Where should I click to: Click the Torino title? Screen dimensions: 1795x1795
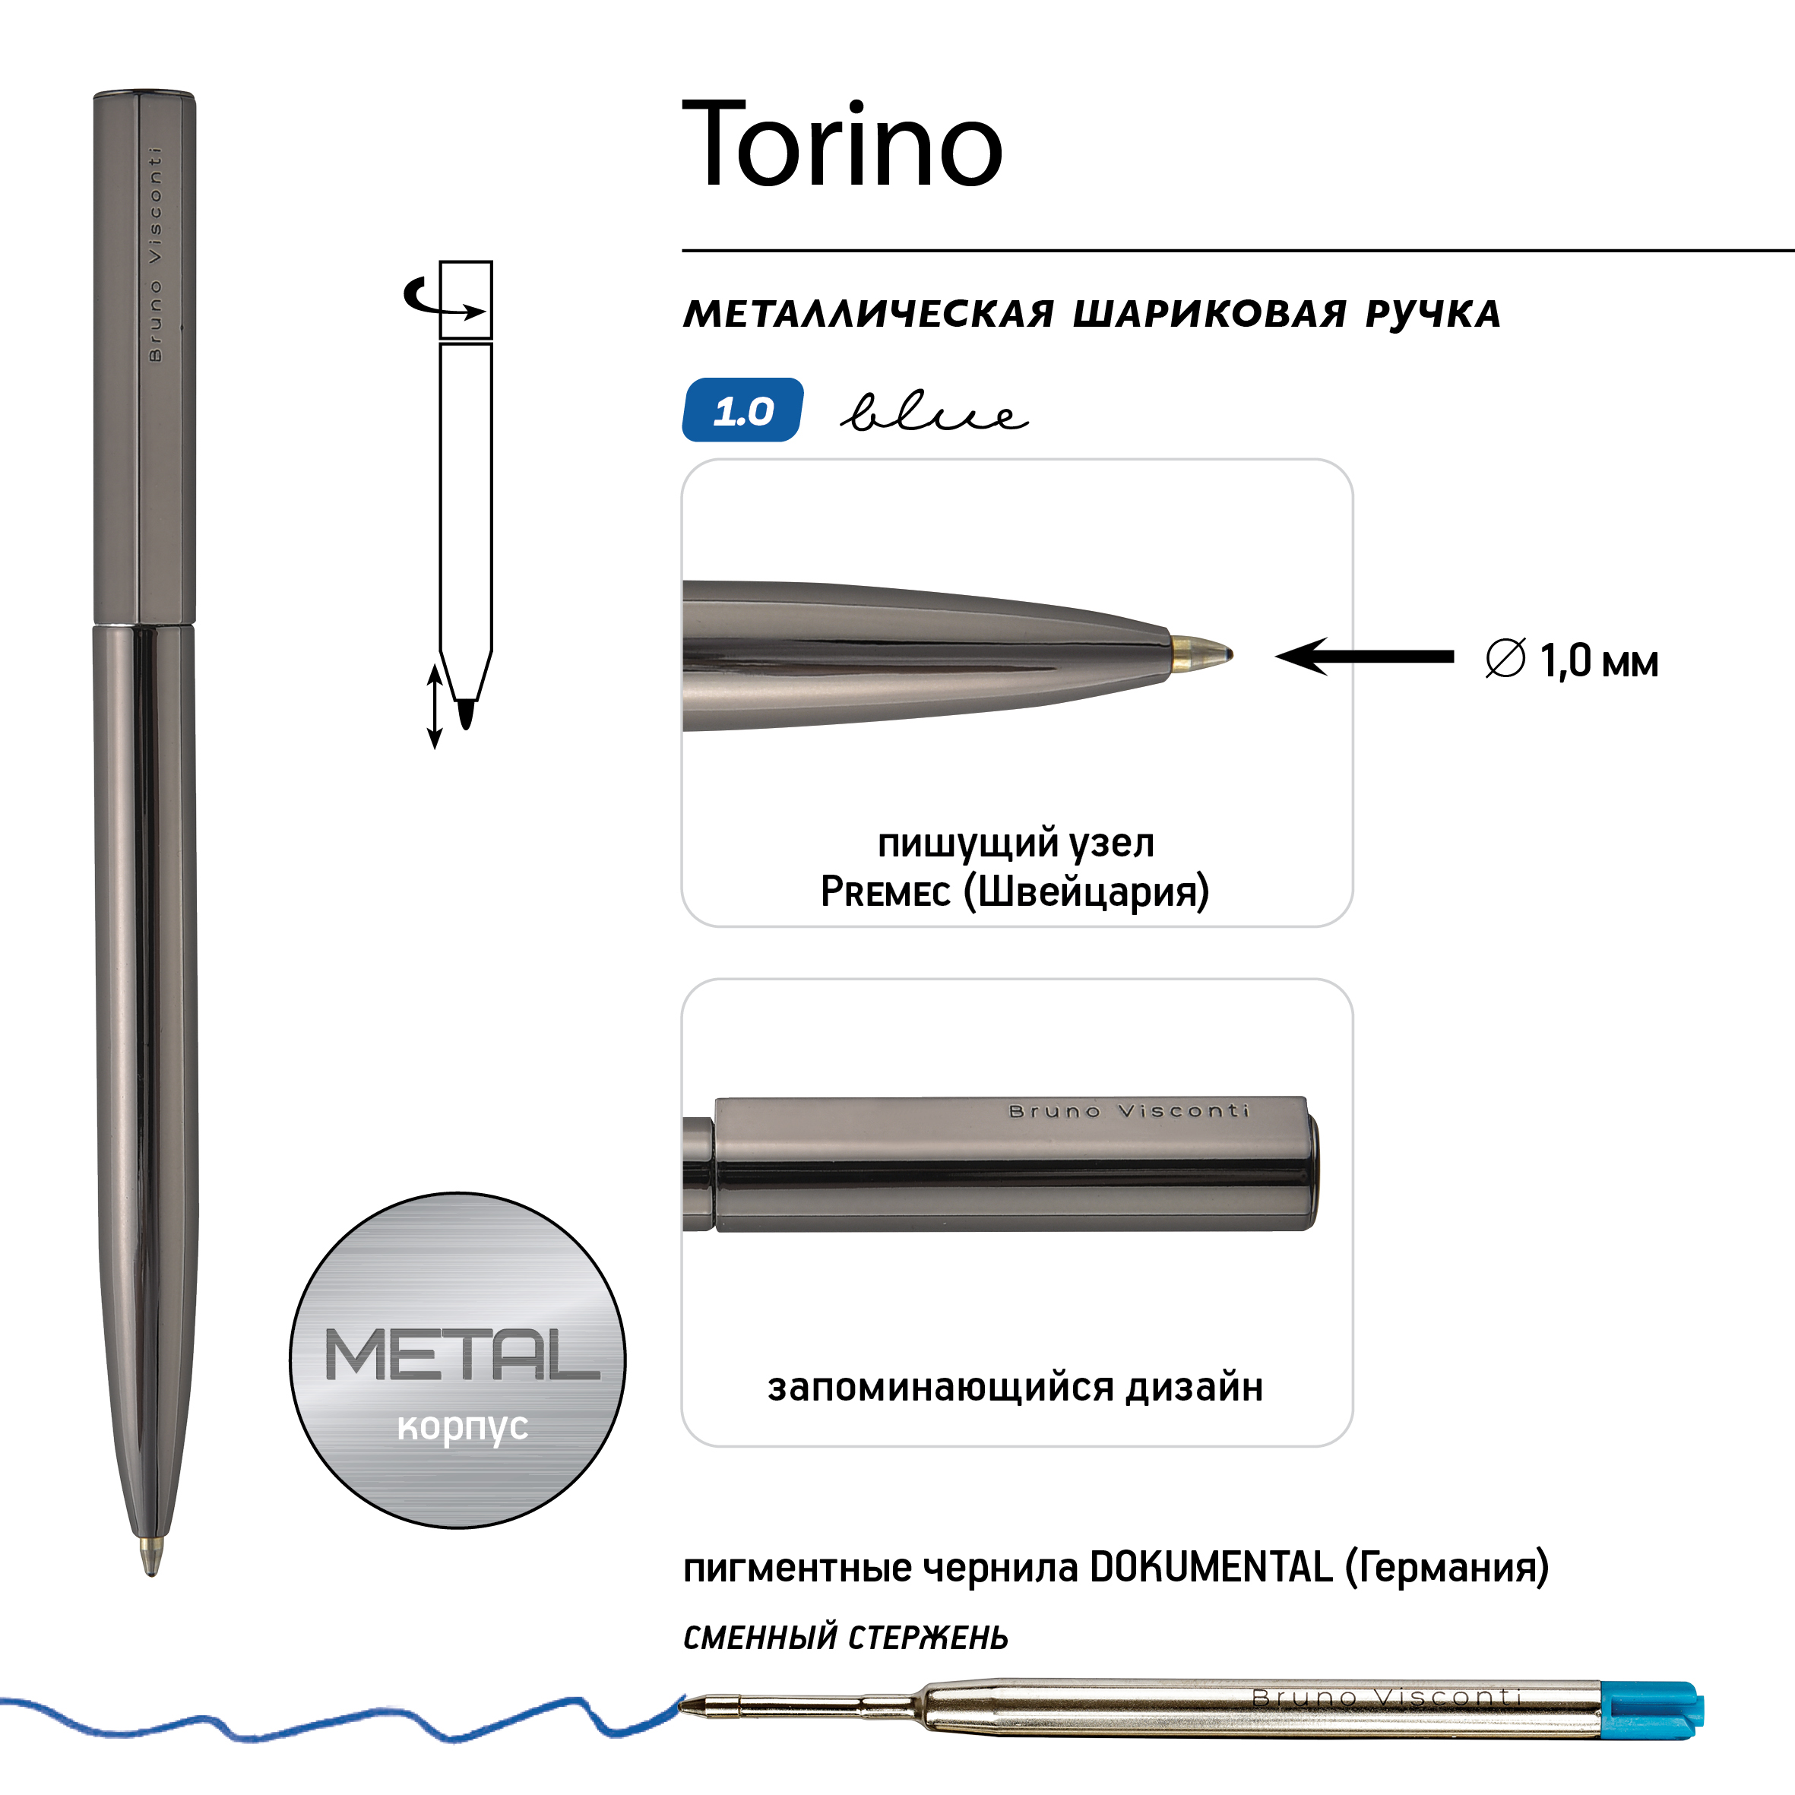coord(843,144)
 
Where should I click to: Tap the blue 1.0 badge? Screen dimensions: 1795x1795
coord(742,410)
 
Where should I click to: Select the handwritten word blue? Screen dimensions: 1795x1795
coord(934,412)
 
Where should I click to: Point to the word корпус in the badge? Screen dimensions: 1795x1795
coord(462,1427)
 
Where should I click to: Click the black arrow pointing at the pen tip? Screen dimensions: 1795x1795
coord(1364,657)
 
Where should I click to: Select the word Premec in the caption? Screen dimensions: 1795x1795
coord(885,892)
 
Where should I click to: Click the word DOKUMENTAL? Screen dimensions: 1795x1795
coord(1211,1567)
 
